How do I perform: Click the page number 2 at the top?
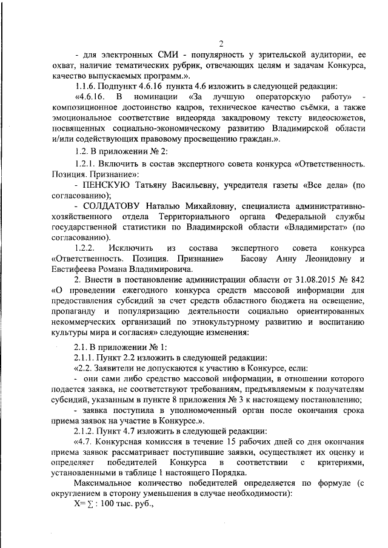221,43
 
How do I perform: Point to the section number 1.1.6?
82,85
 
